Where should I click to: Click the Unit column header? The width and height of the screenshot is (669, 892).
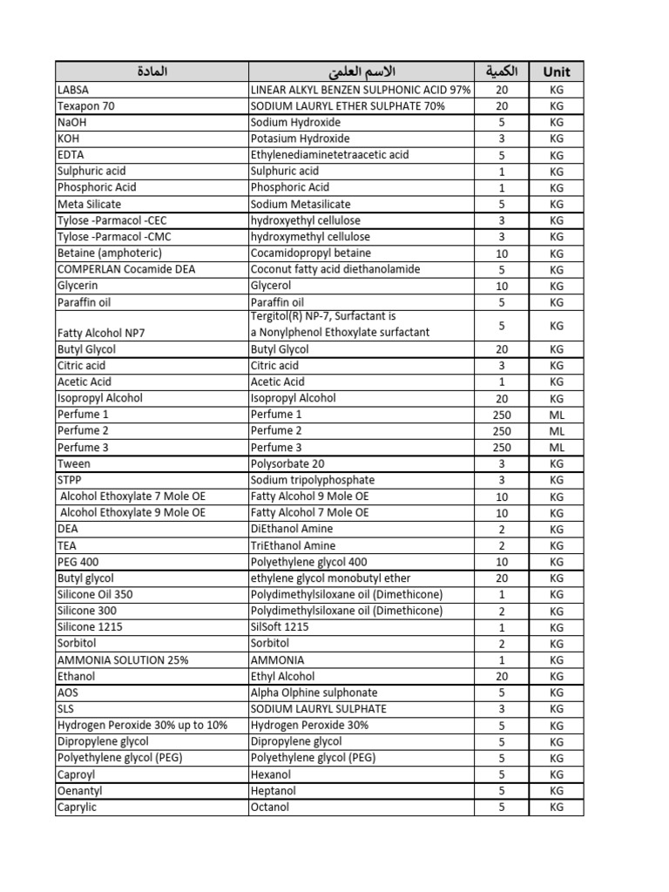tap(557, 71)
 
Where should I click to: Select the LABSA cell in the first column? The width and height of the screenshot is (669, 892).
tap(73, 90)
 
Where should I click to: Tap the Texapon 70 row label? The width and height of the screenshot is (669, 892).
tap(85, 106)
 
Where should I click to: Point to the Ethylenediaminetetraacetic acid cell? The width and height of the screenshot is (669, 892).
tap(329, 155)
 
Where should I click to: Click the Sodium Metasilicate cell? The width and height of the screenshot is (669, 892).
tap(301, 204)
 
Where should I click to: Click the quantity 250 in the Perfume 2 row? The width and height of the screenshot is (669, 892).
tap(502, 431)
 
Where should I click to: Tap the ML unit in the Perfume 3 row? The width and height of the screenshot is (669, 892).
tap(557, 448)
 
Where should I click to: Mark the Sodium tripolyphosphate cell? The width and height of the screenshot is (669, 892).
tap(313, 480)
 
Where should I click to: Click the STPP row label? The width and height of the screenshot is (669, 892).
tap(69, 480)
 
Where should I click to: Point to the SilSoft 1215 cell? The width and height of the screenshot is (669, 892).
tap(280, 627)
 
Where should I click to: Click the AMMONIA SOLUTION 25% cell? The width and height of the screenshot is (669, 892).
tap(123, 660)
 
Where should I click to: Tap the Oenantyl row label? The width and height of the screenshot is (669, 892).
tap(78, 791)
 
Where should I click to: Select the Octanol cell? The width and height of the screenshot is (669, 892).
tap(269, 808)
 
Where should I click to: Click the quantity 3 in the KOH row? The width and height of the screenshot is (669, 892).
tap(502, 139)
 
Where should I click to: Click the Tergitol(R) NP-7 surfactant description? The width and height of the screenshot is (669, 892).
tap(322, 324)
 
